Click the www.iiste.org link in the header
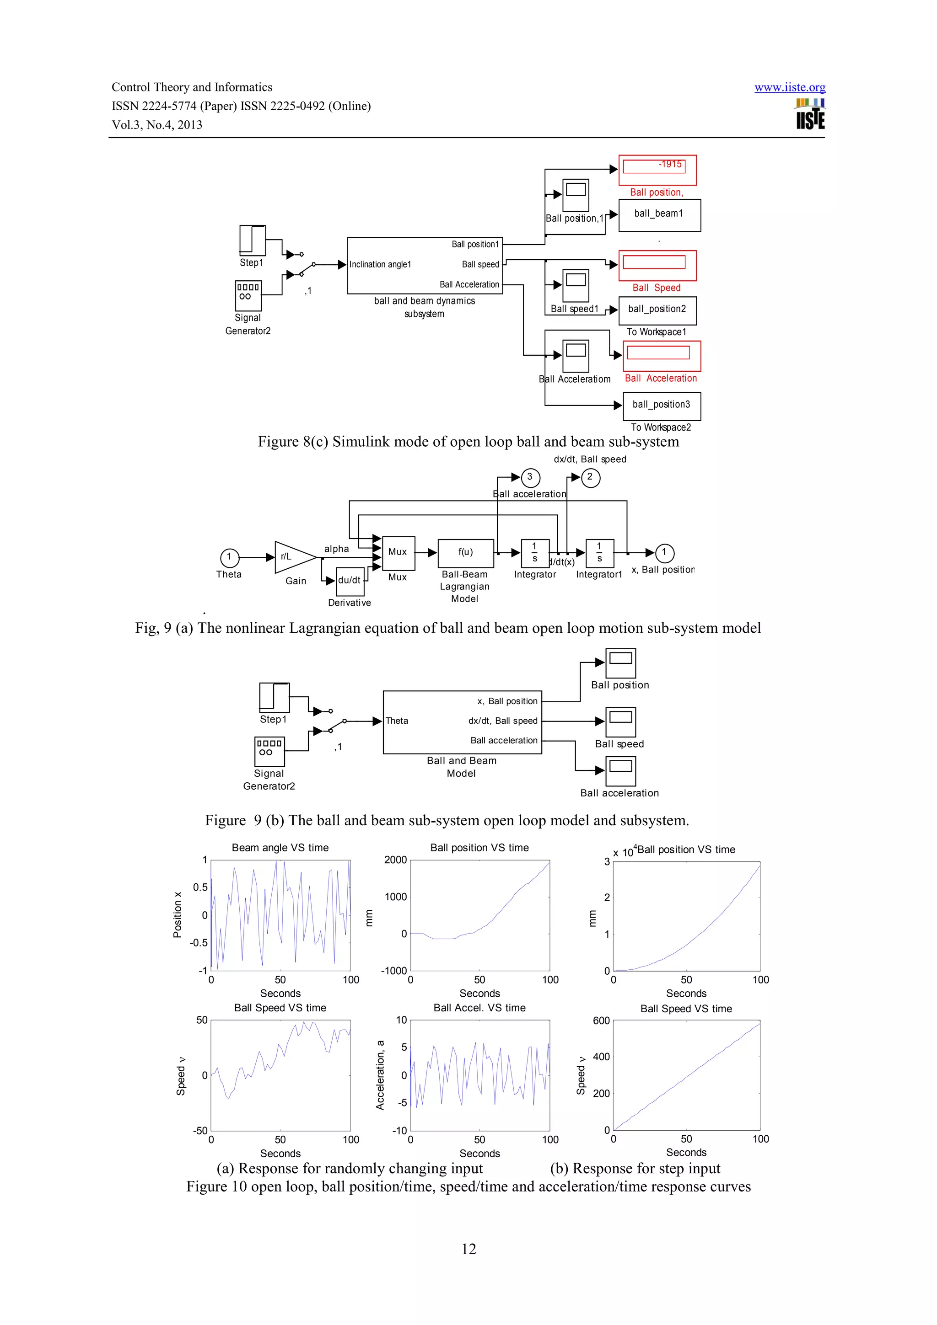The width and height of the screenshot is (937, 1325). click(789, 87)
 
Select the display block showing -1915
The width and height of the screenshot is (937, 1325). click(657, 170)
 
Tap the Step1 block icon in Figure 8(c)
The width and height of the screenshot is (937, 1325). click(252, 240)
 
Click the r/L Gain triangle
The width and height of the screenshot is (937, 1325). click(292, 557)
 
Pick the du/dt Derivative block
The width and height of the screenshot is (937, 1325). click(349, 581)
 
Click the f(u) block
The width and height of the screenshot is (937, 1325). click(465, 553)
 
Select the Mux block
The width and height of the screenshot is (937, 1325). click(398, 552)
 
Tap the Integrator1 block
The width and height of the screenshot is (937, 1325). click(599, 553)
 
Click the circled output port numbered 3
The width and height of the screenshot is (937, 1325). click(530, 477)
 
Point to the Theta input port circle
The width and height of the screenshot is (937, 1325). click(229, 557)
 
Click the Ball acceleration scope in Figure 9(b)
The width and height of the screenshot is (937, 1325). click(621, 770)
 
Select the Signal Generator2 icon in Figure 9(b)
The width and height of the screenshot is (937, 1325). click(269, 751)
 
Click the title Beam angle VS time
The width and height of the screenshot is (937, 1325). click(280, 848)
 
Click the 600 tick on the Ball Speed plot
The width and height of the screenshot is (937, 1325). click(601, 1021)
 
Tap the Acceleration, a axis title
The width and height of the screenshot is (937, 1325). click(380, 1075)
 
